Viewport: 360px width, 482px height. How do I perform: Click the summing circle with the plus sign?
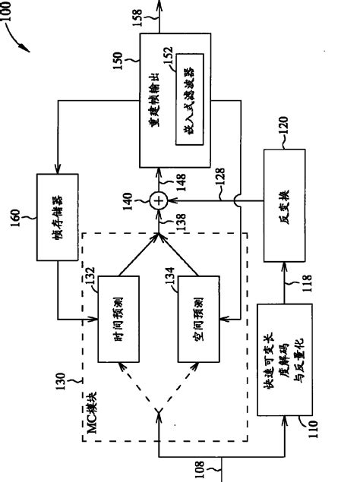tap(158, 200)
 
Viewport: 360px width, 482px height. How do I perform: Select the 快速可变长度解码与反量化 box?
tap(280, 371)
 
